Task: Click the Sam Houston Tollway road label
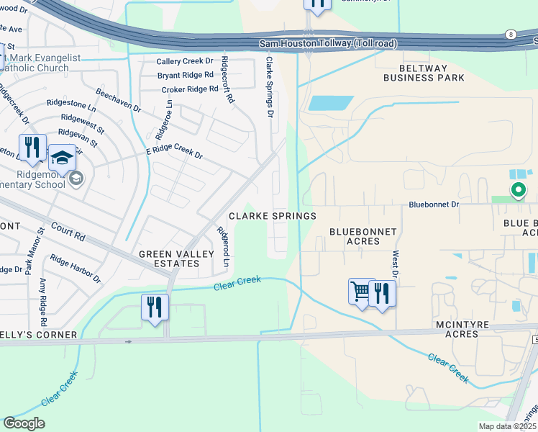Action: (328, 44)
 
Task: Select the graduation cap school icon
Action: (63, 158)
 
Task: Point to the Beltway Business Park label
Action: (423, 77)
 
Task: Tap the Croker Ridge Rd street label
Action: (190, 89)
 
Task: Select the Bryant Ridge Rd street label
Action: (186, 75)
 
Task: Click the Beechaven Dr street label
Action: (118, 100)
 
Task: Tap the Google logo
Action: (24, 423)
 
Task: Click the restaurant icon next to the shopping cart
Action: (382, 292)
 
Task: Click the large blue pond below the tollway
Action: (330, 103)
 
